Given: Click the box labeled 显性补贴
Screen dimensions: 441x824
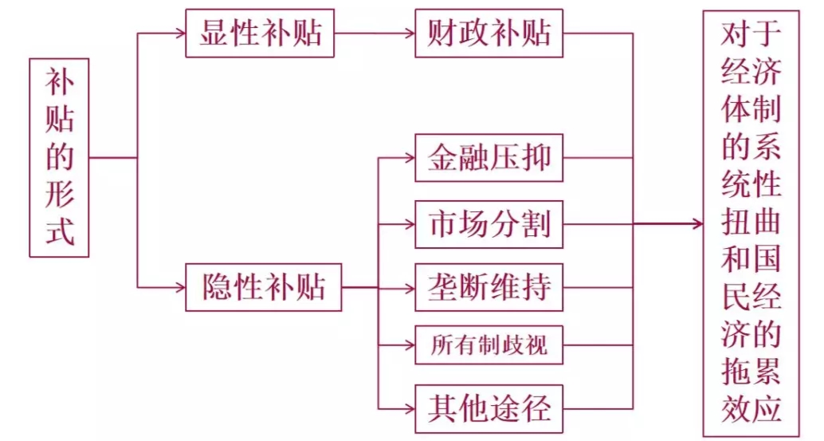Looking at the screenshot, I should (x=260, y=33).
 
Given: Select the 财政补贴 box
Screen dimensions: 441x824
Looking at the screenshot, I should (x=489, y=33).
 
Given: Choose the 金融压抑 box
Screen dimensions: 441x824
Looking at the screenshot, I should (x=489, y=158).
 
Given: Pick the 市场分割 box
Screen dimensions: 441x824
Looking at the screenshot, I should (x=489, y=224).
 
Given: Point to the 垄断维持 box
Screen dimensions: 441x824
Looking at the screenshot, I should (x=489, y=287).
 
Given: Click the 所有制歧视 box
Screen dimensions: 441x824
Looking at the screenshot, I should (x=489, y=346).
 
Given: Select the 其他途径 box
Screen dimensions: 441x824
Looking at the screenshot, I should (x=489, y=408).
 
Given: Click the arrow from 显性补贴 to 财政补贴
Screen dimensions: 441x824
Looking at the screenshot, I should (x=375, y=33).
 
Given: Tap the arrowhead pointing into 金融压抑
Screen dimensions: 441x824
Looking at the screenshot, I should (x=408, y=158).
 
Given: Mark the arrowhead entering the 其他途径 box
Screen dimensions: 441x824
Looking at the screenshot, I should (x=408, y=408).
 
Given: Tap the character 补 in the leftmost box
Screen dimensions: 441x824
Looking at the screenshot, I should (x=59, y=82).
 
